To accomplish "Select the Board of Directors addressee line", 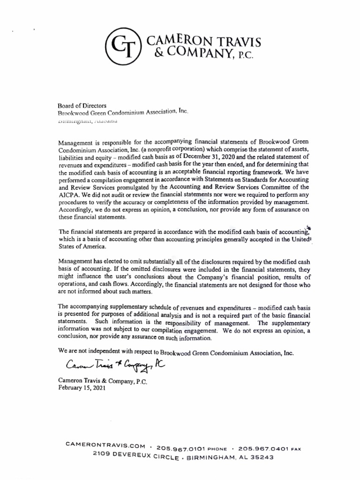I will point(82,106).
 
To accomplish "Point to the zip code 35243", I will point(260,458).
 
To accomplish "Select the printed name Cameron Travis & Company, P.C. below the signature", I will point(103,381).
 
